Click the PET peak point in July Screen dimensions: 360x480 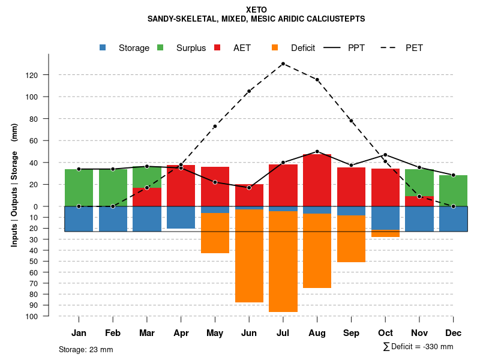283,64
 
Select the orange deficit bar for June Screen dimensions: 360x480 249,256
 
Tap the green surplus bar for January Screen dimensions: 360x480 79,188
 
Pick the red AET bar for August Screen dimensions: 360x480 317,180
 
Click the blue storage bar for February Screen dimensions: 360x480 113,219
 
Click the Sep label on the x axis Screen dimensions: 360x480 351,333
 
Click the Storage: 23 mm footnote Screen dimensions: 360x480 86,349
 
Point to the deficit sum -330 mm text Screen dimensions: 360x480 418,347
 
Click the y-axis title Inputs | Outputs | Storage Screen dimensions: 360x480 14,185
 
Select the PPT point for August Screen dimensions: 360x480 317,152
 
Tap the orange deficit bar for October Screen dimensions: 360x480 385,233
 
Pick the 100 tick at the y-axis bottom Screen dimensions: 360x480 33,316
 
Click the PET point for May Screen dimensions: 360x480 215,127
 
